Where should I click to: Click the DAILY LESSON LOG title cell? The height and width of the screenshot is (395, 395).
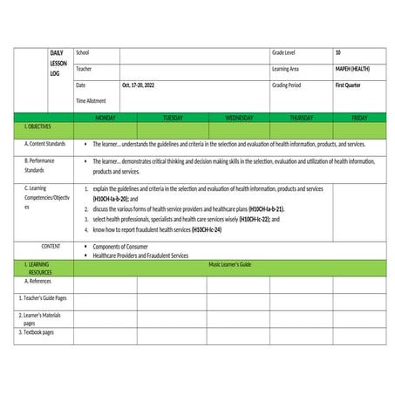point(59,64)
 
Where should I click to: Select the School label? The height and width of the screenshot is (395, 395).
point(83,53)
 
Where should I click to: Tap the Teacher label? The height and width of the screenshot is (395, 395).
point(84,69)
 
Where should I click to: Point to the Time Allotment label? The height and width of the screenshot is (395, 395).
point(92,101)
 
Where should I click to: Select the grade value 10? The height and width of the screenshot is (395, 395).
point(337,53)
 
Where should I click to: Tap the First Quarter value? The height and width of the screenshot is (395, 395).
point(347,85)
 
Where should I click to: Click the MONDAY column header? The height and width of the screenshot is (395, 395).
point(106,117)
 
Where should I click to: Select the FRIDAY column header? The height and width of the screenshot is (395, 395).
point(359,117)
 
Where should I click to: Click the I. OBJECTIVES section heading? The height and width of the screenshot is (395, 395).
point(36,127)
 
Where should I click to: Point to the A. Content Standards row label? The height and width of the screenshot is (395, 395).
point(44,143)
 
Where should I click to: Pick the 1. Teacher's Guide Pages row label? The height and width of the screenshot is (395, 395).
point(43,298)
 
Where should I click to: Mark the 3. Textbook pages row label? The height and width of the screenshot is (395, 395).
point(37,332)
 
